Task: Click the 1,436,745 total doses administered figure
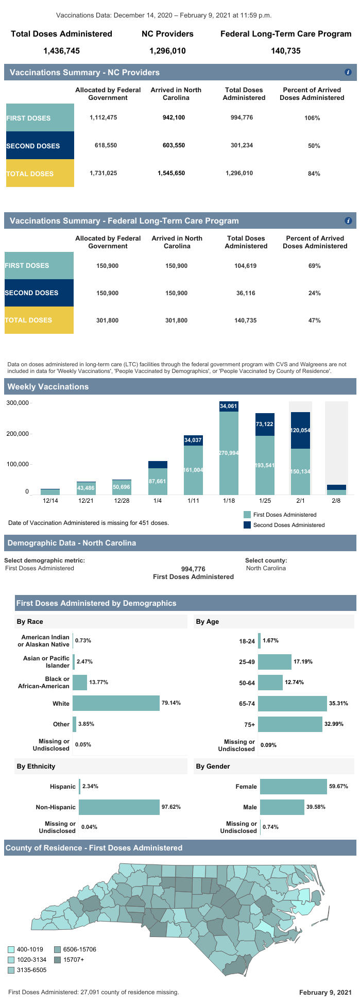pos(62,51)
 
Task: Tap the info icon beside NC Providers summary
pos(348,73)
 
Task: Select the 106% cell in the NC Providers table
pos(312,118)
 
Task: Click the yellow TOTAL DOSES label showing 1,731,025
pos(40,174)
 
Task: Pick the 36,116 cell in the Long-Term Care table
pos(246,293)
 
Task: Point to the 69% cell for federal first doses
pos(314,266)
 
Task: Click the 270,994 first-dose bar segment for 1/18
pos(229,453)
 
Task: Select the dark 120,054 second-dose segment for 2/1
pos(300,430)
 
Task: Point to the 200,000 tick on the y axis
pos(18,434)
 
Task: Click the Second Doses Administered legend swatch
pos(247,525)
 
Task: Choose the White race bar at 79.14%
pos(116,703)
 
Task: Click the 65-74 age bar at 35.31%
pos(293,703)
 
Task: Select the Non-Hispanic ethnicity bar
pos(119,807)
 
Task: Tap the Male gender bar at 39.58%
pos(282,807)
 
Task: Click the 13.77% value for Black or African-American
pos(98,683)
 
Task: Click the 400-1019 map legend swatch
pos(11,949)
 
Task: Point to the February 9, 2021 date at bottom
pos(325,992)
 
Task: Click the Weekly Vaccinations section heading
pos(48,387)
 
